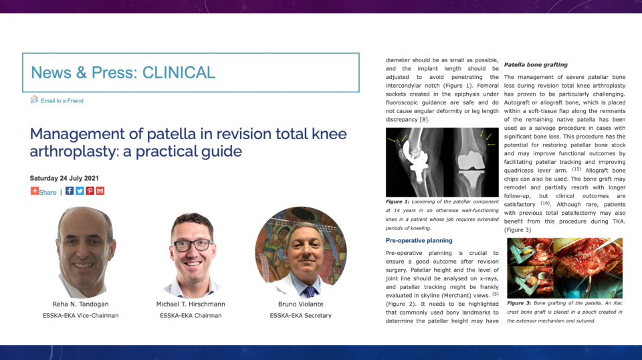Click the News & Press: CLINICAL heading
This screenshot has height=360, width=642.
point(123,73)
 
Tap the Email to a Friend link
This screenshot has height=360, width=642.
point(62,101)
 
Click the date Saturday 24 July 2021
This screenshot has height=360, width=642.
point(64,178)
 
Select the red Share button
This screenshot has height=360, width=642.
point(43,191)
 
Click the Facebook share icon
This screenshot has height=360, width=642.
point(70,191)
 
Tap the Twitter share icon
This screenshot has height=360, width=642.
point(80,191)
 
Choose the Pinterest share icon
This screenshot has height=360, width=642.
point(90,191)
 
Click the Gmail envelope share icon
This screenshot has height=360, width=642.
point(100,191)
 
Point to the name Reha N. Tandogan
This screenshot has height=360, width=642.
point(81,304)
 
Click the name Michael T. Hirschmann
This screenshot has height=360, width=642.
point(191,304)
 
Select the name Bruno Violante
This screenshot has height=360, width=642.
point(300,304)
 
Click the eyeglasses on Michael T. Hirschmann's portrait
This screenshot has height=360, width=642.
point(193,245)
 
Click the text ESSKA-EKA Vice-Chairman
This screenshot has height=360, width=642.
point(81,316)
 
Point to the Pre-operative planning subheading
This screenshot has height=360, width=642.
point(419,241)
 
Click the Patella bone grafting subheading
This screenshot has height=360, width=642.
point(536,65)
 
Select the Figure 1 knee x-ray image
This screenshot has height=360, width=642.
point(442,162)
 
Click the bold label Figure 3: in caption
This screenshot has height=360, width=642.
point(519,304)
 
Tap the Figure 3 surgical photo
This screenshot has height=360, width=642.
point(564,268)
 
